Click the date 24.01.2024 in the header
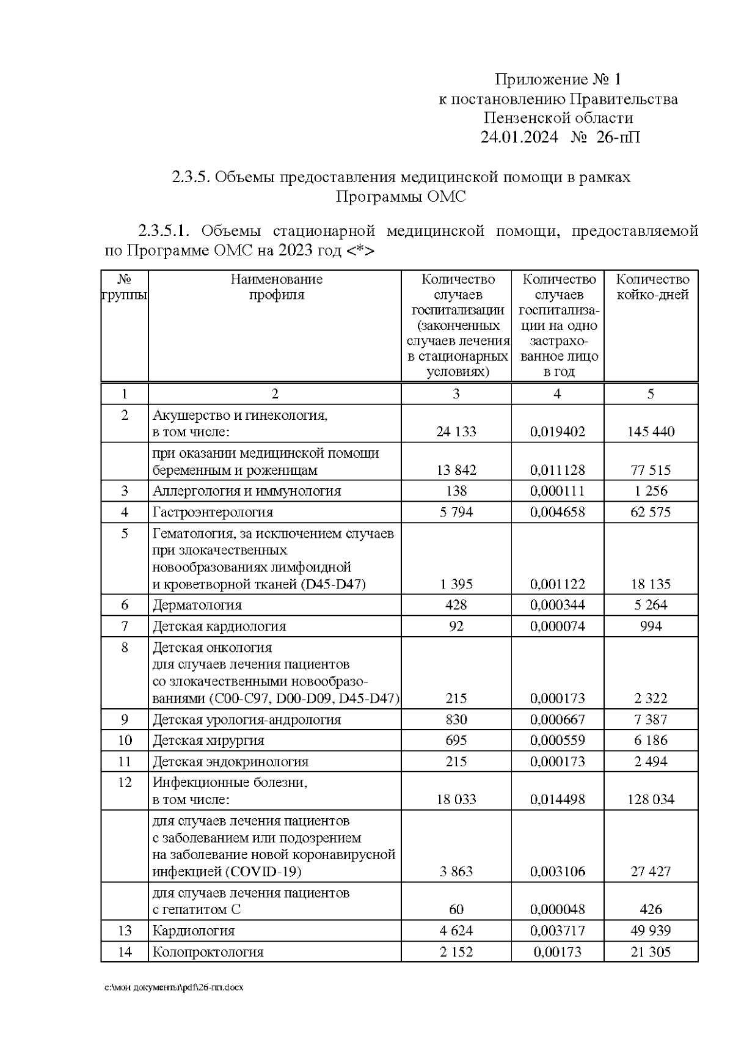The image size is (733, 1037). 519,137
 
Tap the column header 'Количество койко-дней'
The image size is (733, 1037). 652,287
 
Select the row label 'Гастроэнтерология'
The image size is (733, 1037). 213,512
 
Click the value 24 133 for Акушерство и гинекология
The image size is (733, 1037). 456,431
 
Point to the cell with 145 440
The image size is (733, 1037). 651,431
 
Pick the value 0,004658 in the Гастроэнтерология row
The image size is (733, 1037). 557,512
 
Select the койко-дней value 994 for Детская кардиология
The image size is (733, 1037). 651,626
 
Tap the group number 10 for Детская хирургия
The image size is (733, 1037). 125,741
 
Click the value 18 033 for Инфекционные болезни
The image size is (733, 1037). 456,799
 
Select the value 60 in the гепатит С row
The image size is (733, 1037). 456,909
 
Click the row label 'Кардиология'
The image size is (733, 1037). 193,931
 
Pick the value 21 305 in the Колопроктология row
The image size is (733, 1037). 651,951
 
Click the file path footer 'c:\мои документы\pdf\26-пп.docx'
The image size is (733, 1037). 174,988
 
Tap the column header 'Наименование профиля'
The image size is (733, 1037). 276,287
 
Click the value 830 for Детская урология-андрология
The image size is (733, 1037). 456,719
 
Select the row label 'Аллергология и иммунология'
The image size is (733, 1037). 247,491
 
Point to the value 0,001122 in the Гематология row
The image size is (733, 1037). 557,584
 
